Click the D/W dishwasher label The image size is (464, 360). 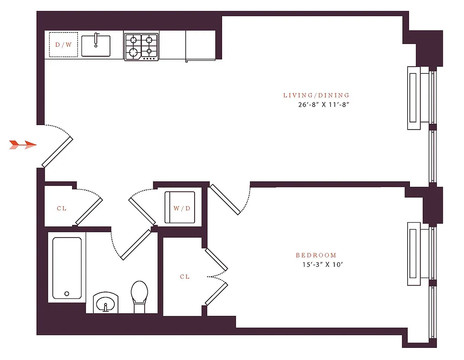tap(63, 45)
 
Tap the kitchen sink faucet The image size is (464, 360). tap(96, 40)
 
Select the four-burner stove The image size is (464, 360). tap(141, 46)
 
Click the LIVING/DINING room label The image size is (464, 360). tap(316, 95)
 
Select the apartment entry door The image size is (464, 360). tap(56, 152)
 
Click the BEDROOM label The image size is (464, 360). tap(316, 255)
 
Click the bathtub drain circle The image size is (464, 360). tap(67, 293)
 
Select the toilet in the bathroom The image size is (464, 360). tap(139, 295)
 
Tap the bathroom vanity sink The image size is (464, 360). tap(106, 303)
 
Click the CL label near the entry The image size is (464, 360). tap(62, 208)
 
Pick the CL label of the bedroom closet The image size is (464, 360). tap(185, 277)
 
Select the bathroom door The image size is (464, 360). tap(135, 245)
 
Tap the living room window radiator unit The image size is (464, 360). tap(414, 98)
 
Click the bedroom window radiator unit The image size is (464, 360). tap(414, 254)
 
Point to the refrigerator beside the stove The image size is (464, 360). tap(200, 45)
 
